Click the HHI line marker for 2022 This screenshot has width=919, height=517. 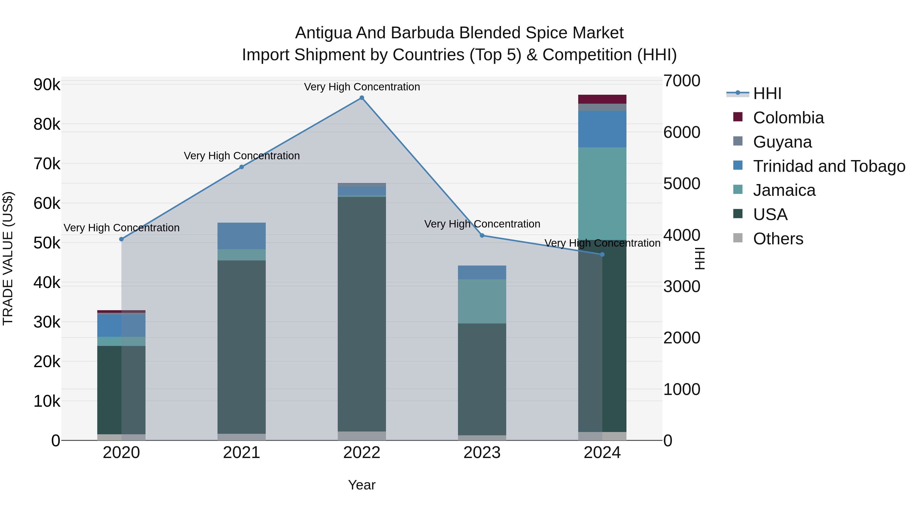pyautogui.click(x=362, y=98)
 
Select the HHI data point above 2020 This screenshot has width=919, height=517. pyautogui.click(x=121, y=239)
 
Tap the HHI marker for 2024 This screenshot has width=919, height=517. pyautogui.click(x=602, y=254)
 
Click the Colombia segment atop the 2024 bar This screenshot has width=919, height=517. pyautogui.click(x=602, y=99)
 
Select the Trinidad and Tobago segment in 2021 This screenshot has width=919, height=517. pyautogui.click(x=241, y=236)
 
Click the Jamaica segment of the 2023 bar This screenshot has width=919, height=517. pyautogui.click(x=482, y=301)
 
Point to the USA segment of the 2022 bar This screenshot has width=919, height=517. pyautogui.click(x=362, y=314)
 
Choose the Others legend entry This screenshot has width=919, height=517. pyautogui.click(x=778, y=239)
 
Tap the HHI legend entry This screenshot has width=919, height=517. pyautogui.click(x=767, y=93)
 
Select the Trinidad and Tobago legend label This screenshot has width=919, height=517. pyautogui.click(x=829, y=166)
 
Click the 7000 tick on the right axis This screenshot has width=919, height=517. pyautogui.click(x=681, y=81)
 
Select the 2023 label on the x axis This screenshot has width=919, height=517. pyautogui.click(x=482, y=453)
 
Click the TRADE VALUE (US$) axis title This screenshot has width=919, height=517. pyautogui.click(x=8, y=258)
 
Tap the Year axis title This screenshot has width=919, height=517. pyautogui.click(x=362, y=485)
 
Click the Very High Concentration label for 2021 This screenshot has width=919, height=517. pyautogui.click(x=241, y=156)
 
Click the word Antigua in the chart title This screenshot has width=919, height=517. pyautogui.click(x=323, y=33)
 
